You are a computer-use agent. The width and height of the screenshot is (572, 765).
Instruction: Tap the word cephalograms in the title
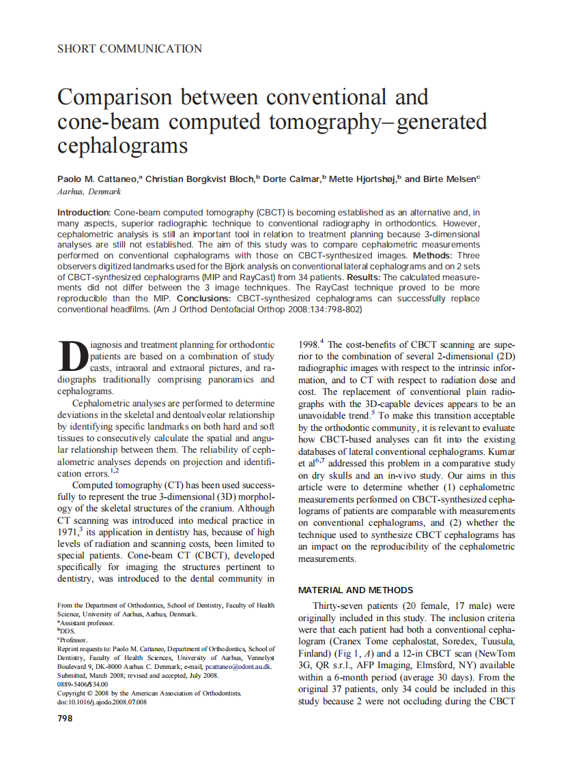[x=123, y=145]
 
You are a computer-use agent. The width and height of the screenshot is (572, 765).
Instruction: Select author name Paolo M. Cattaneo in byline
[x=98, y=179]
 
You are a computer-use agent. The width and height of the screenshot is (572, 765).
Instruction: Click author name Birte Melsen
[x=451, y=179]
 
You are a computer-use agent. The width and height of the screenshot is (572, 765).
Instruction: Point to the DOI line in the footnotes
[x=102, y=702]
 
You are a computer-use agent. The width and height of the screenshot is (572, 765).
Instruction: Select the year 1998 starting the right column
[x=309, y=345]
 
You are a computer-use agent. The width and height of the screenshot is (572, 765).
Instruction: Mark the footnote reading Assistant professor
[x=87, y=623]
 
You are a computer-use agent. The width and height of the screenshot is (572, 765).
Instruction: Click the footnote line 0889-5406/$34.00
[x=83, y=685]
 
